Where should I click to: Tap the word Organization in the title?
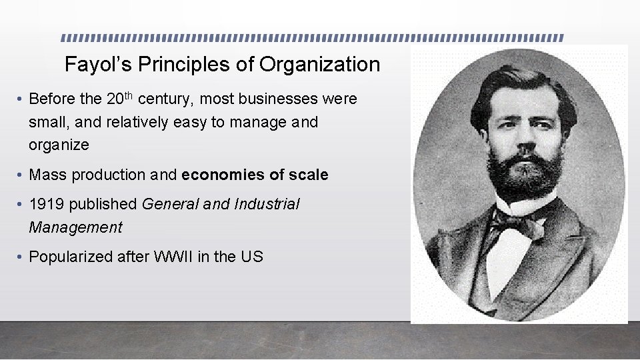(319, 65)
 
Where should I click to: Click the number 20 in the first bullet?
(114, 99)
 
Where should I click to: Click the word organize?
(59, 145)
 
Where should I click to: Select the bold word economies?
(222, 175)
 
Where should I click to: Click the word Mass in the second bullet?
(48, 175)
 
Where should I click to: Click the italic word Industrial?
(267, 205)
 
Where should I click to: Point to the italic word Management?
(75, 227)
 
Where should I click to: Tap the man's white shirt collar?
(527, 204)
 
